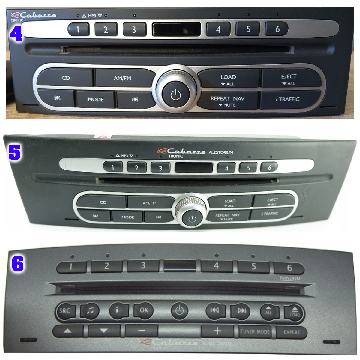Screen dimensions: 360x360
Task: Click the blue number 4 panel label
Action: [16, 33]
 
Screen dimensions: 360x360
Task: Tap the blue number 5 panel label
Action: [14, 152]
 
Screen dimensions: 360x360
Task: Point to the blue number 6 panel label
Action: [18, 264]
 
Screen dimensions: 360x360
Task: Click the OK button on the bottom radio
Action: [144, 310]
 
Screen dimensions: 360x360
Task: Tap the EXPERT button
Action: [292, 332]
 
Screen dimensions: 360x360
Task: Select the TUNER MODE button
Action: [255, 331]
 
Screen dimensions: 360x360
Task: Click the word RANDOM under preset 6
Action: [290, 278]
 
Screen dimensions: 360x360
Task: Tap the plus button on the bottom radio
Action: [217, 331]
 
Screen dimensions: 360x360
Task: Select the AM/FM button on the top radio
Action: [122, 78]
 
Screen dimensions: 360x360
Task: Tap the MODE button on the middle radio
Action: [128, 217]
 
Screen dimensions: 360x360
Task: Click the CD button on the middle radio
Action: [103, 202]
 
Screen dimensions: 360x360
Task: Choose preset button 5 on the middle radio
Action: [248, 168]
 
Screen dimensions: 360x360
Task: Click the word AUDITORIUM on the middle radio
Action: [221, 152]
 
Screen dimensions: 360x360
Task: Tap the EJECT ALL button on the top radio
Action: [289, 79]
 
